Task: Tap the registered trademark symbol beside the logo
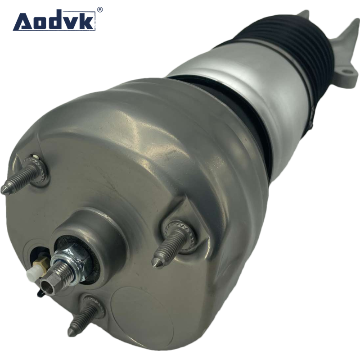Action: click(x=100, y=9)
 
